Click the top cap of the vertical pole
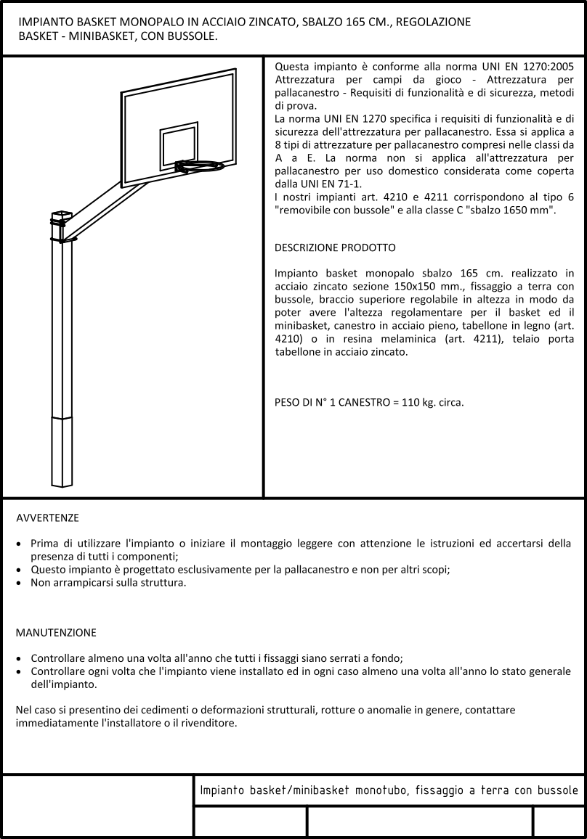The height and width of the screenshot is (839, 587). coord(62,213)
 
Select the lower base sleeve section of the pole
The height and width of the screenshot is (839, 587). coord(62,450)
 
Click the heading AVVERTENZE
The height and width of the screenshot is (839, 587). coord(47,518)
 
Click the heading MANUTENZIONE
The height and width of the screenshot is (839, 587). coord(55,633)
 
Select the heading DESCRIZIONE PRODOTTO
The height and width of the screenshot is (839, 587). coord(335,247)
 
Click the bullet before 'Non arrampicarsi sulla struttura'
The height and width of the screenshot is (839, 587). coord(19,583)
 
